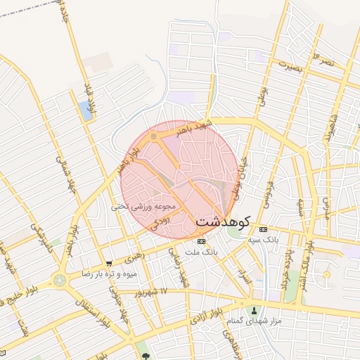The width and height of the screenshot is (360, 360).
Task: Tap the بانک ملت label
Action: coord(202,251)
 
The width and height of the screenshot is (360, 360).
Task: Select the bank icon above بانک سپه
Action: coord(263,230)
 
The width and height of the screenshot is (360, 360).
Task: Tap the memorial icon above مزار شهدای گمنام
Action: coord(255,310)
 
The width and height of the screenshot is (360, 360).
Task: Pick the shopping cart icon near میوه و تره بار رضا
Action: coord(108,264)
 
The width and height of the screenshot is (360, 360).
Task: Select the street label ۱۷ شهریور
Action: coord(155,291)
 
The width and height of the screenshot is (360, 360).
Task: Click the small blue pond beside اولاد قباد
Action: coord(86,110)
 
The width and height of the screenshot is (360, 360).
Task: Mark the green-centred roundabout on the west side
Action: coord(60,281)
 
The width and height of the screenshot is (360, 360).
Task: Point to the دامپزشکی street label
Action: coord(44,240)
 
